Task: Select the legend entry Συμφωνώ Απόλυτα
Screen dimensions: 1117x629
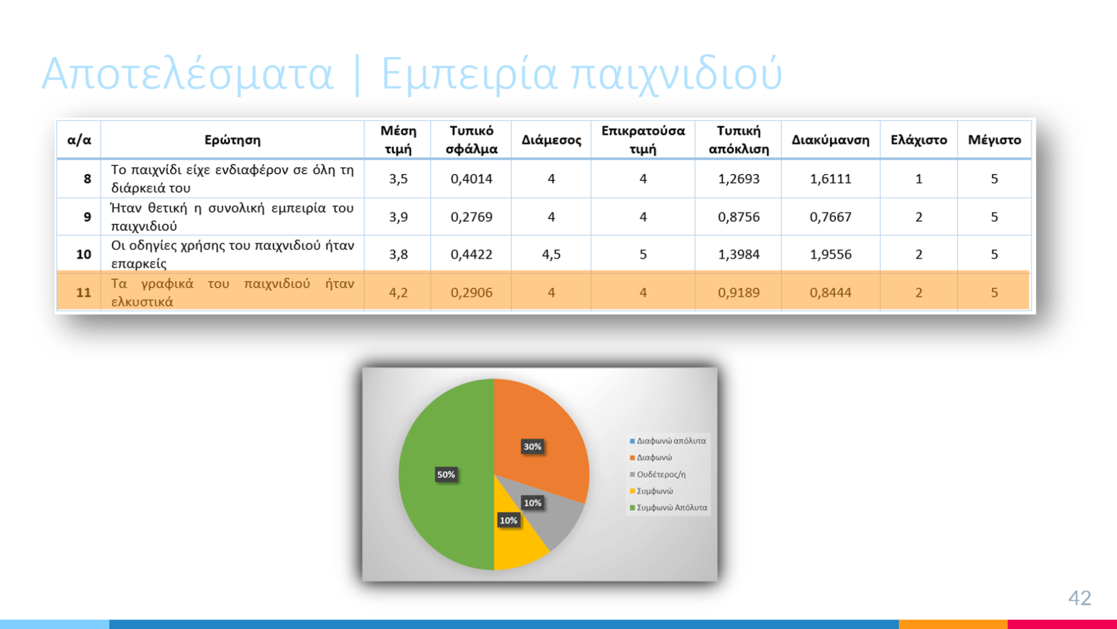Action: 668,507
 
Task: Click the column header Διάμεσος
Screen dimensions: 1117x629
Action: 551,140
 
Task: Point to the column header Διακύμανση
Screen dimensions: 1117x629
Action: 830,140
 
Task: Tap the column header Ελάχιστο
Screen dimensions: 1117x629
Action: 918,140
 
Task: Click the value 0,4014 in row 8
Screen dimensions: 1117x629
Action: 471,179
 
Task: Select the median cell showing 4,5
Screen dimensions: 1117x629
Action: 551,254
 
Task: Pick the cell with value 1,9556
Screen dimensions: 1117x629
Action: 830,254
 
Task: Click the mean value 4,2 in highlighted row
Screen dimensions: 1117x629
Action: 398,292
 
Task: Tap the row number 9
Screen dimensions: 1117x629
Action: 87,217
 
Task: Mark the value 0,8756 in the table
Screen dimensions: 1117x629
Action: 738,217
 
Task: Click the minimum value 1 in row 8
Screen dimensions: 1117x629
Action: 918,179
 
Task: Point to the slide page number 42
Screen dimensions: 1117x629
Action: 1079,598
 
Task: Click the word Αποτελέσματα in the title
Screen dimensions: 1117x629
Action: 187,74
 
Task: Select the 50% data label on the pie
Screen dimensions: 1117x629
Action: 446,474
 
